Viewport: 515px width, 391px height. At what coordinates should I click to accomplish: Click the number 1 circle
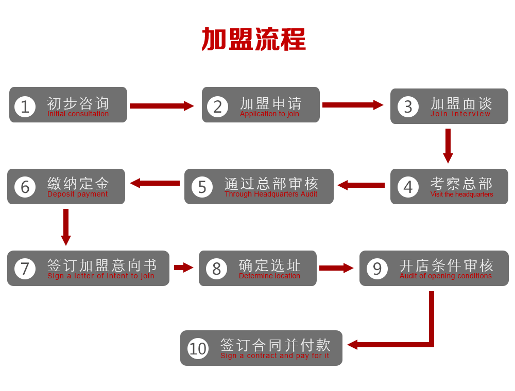click(25, 106)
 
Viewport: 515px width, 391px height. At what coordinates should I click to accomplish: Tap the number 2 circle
click(217, 106)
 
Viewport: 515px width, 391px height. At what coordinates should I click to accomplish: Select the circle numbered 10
click(198, 348)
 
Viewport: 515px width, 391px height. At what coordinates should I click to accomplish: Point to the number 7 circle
click(25, 269)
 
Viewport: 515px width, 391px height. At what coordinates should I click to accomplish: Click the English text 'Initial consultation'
click(78, 114)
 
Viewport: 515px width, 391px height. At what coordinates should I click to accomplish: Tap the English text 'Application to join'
click(269, 114)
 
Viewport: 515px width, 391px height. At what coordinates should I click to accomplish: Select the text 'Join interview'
click(460, 114)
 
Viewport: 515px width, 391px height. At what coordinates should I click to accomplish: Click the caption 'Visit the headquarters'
click(461, 194)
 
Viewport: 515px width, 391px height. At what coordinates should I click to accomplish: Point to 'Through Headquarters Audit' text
click(271, 194)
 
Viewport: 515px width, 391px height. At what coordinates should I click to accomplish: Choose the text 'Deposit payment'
click(77, 194)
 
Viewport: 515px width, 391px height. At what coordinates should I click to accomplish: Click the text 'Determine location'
click(269, 276)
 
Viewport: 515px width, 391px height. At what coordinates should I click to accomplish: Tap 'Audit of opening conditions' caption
click(445, 276)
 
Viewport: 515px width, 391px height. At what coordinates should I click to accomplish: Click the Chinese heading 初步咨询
click(78, 103)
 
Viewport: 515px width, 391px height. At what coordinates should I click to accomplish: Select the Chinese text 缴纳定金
click(78, 183)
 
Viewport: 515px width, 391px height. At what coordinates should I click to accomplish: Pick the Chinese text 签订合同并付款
click(275, 345)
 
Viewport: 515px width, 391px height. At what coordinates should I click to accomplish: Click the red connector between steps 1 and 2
click(161, 105)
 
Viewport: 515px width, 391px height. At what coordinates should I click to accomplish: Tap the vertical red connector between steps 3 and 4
click(448, 146)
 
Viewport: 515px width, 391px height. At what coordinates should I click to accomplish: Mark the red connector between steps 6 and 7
click(65, 227)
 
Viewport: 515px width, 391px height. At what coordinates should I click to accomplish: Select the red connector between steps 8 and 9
click(336, 268)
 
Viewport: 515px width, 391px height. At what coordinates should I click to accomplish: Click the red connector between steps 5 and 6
click(154, 183)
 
